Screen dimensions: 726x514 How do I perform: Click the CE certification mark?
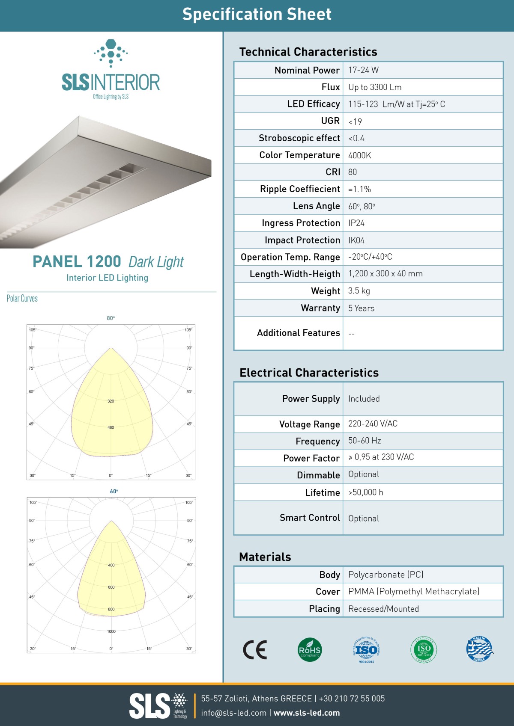[x=255, y=650]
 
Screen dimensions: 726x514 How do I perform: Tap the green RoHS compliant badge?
[x=310, y=650]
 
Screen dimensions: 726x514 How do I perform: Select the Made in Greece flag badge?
[x=479, y=649]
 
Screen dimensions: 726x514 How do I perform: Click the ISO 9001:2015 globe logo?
[x=366, y=649]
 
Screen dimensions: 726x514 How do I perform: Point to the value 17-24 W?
[x=363, y=70]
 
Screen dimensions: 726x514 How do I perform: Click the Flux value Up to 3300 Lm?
[x=375, y=87]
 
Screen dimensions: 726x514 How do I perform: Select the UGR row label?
[x=330, y=121]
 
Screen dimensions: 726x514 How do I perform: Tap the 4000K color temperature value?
[x=359, y=155]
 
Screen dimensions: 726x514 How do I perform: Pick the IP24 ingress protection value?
[x=356, y=223]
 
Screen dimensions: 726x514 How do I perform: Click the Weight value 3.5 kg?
[x=359, y=291]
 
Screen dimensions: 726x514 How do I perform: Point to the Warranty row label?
[x=320, y=308]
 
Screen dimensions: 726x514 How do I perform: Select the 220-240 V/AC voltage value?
[x=373, y=424]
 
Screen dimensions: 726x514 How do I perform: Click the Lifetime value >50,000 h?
[x=365, y=492]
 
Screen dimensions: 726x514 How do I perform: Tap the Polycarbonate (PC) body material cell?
[x=385, y=575]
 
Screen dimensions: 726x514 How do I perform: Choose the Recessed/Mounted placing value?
[x=383, y=609]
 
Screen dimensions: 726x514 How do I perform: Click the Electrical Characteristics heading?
[x=309, y=373]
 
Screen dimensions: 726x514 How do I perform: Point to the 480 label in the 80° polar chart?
[x=111, y=427]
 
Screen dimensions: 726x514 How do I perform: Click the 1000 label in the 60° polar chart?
[x=111, y=631]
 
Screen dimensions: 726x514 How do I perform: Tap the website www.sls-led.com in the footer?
[x=307, y=713]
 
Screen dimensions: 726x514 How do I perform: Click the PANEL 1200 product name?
[x=77, y=261]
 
